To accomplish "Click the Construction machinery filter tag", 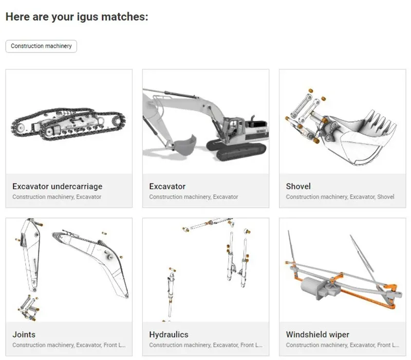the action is pyautogui.click(x=41, y=46).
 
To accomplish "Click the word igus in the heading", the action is pyautogui.click(x=87, y=17).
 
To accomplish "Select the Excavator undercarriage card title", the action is pyautogui.click(x=58, y=186).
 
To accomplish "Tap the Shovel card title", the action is pyautogui.click(x=298, y=186).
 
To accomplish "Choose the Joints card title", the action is pyautogui.click(x=24, y=335).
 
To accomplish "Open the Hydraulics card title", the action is pyautogui.click(x=169, y=335).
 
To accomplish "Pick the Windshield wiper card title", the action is pyautogui.click(x=317, y=335).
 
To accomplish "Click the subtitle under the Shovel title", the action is pyautogui.click(x=340, y=197).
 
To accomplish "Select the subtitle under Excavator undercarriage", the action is pyautogui.click(x=57, y=197).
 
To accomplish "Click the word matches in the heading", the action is pyautogui.click(x=125, y=17).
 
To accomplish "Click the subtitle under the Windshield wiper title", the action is pyautogui.click(x=343, y=345).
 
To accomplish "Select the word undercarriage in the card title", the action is pyautogui.click(x=77, y=186).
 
